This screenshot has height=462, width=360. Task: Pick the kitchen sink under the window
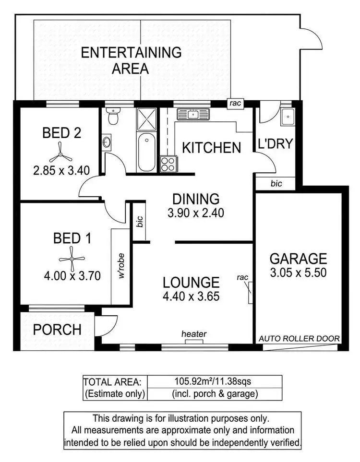[193, 115]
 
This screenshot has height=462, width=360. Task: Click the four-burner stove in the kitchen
[168, 164]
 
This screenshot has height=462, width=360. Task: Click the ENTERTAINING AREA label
[131, 60]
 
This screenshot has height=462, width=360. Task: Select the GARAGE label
[298, 259]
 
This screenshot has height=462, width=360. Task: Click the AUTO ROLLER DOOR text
[299, 339]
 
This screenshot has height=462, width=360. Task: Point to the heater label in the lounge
[194, 334]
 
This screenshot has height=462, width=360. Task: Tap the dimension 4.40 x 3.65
[191, 296]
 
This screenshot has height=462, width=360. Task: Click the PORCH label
[57, 330]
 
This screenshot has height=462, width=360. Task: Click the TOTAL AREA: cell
[112, 382]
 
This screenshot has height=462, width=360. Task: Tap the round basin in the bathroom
[107, 142]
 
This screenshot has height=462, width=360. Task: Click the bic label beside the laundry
[276, 183]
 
